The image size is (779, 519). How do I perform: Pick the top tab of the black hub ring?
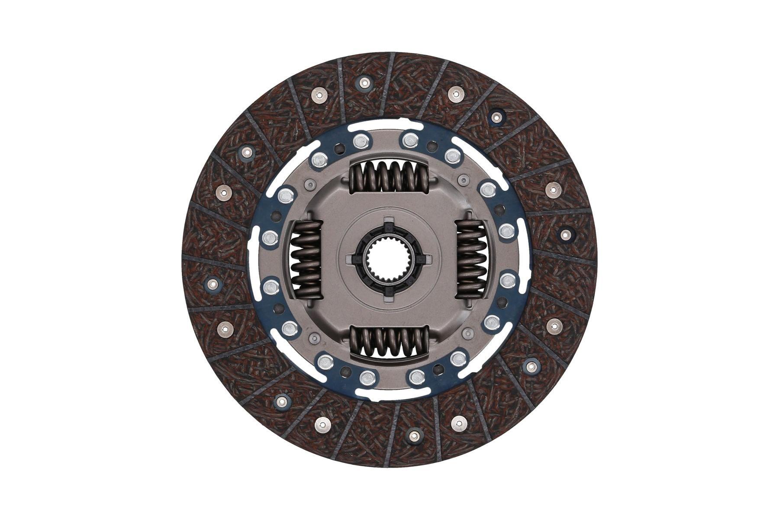pyautogui.click(x=388, y=224)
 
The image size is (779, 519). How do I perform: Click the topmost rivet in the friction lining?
pyautogui.click(x=364, y=82)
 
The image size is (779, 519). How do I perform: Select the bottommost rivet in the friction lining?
pyautogui.click(x=415, y=435)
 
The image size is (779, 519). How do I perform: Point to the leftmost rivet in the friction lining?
pyautogui.click(x=212, y=283)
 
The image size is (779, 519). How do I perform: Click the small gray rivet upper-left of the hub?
pyautogui.click(x=309, y=185)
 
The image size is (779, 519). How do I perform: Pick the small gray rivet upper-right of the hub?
pyautogui.click(x=464, y=180)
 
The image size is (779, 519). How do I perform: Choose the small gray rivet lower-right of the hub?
pyautogui.click(x=467, y=333)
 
